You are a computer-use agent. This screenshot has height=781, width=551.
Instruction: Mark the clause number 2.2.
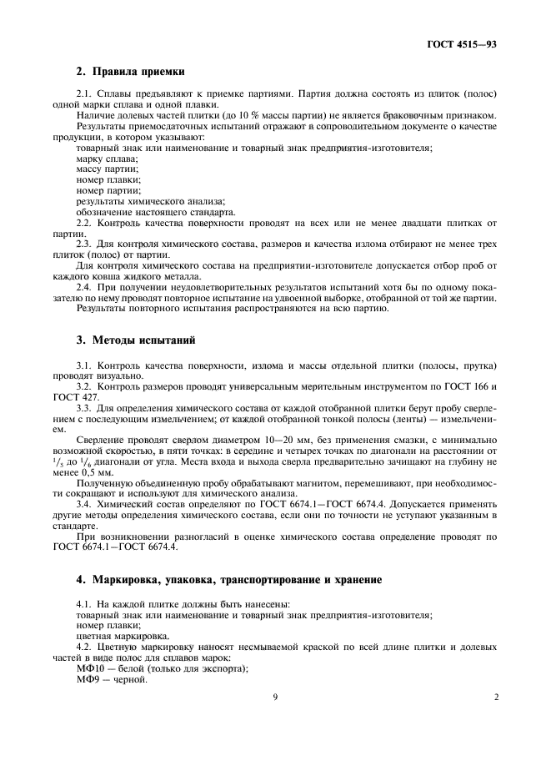click(83, 223)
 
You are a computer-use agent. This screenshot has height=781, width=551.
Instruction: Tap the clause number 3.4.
click(83, 505)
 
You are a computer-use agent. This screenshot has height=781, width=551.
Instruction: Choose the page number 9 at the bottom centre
click(274, 698)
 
